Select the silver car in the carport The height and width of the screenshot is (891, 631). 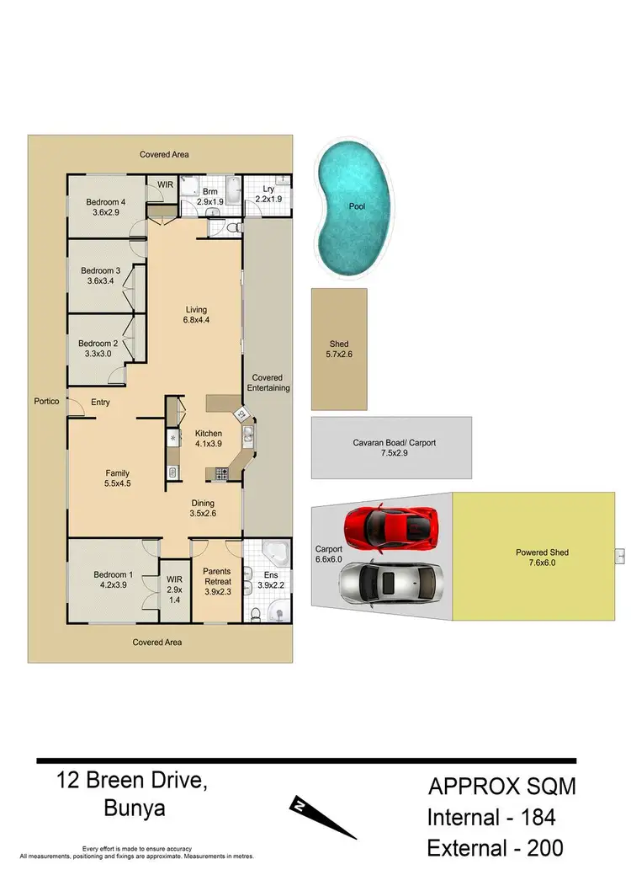[x=390, y=581]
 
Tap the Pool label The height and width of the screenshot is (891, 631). [x=358, y=205]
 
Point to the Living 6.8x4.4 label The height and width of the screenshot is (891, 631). [x=196, y=314]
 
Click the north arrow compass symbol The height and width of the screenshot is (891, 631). [x=325, y=817]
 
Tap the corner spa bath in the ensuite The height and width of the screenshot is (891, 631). [x=274, y=554]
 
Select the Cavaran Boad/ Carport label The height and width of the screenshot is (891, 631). [x=394, y=449]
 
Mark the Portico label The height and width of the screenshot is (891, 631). [x=46, y=402]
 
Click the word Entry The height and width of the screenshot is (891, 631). [x=100, y=403]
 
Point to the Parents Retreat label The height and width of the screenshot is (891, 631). [x=217, y=581]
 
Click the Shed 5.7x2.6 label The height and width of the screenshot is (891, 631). [x=339, y=349]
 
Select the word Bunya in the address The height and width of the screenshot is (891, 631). [x=136, y=810]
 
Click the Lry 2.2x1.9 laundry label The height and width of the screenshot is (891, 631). [x=268, y=195]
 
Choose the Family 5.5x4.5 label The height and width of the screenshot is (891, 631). [x=117, y=478]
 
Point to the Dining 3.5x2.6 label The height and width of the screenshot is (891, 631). [x=204, y=508]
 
